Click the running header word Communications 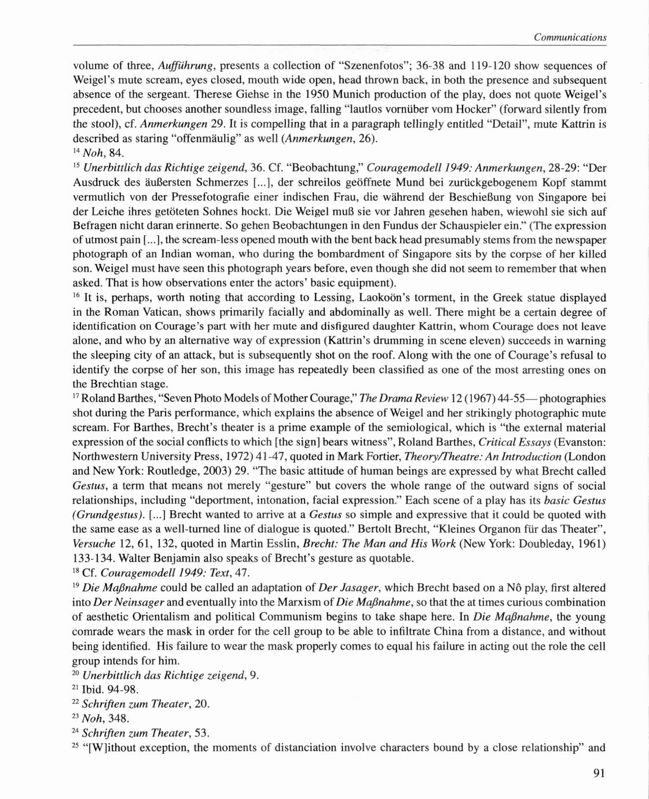pyautogui.click(x=570, y=38)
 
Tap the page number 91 pyautogui.click(x=599, y=774)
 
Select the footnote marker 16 pyautogui.click(x=76, y=296)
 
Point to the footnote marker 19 pyautogui.click(x=76, y=585)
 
